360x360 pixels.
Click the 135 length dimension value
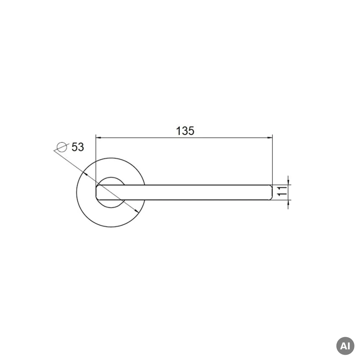tap(185, 131)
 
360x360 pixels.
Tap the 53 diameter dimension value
tap(78, 147)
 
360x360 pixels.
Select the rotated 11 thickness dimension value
tap(283, 191)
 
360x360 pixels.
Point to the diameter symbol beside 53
tap(62, 147)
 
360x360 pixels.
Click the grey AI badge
tap(345, 346)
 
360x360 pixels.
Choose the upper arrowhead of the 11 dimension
tap(288, 182)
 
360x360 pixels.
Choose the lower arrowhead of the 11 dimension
tap(288, 203)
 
